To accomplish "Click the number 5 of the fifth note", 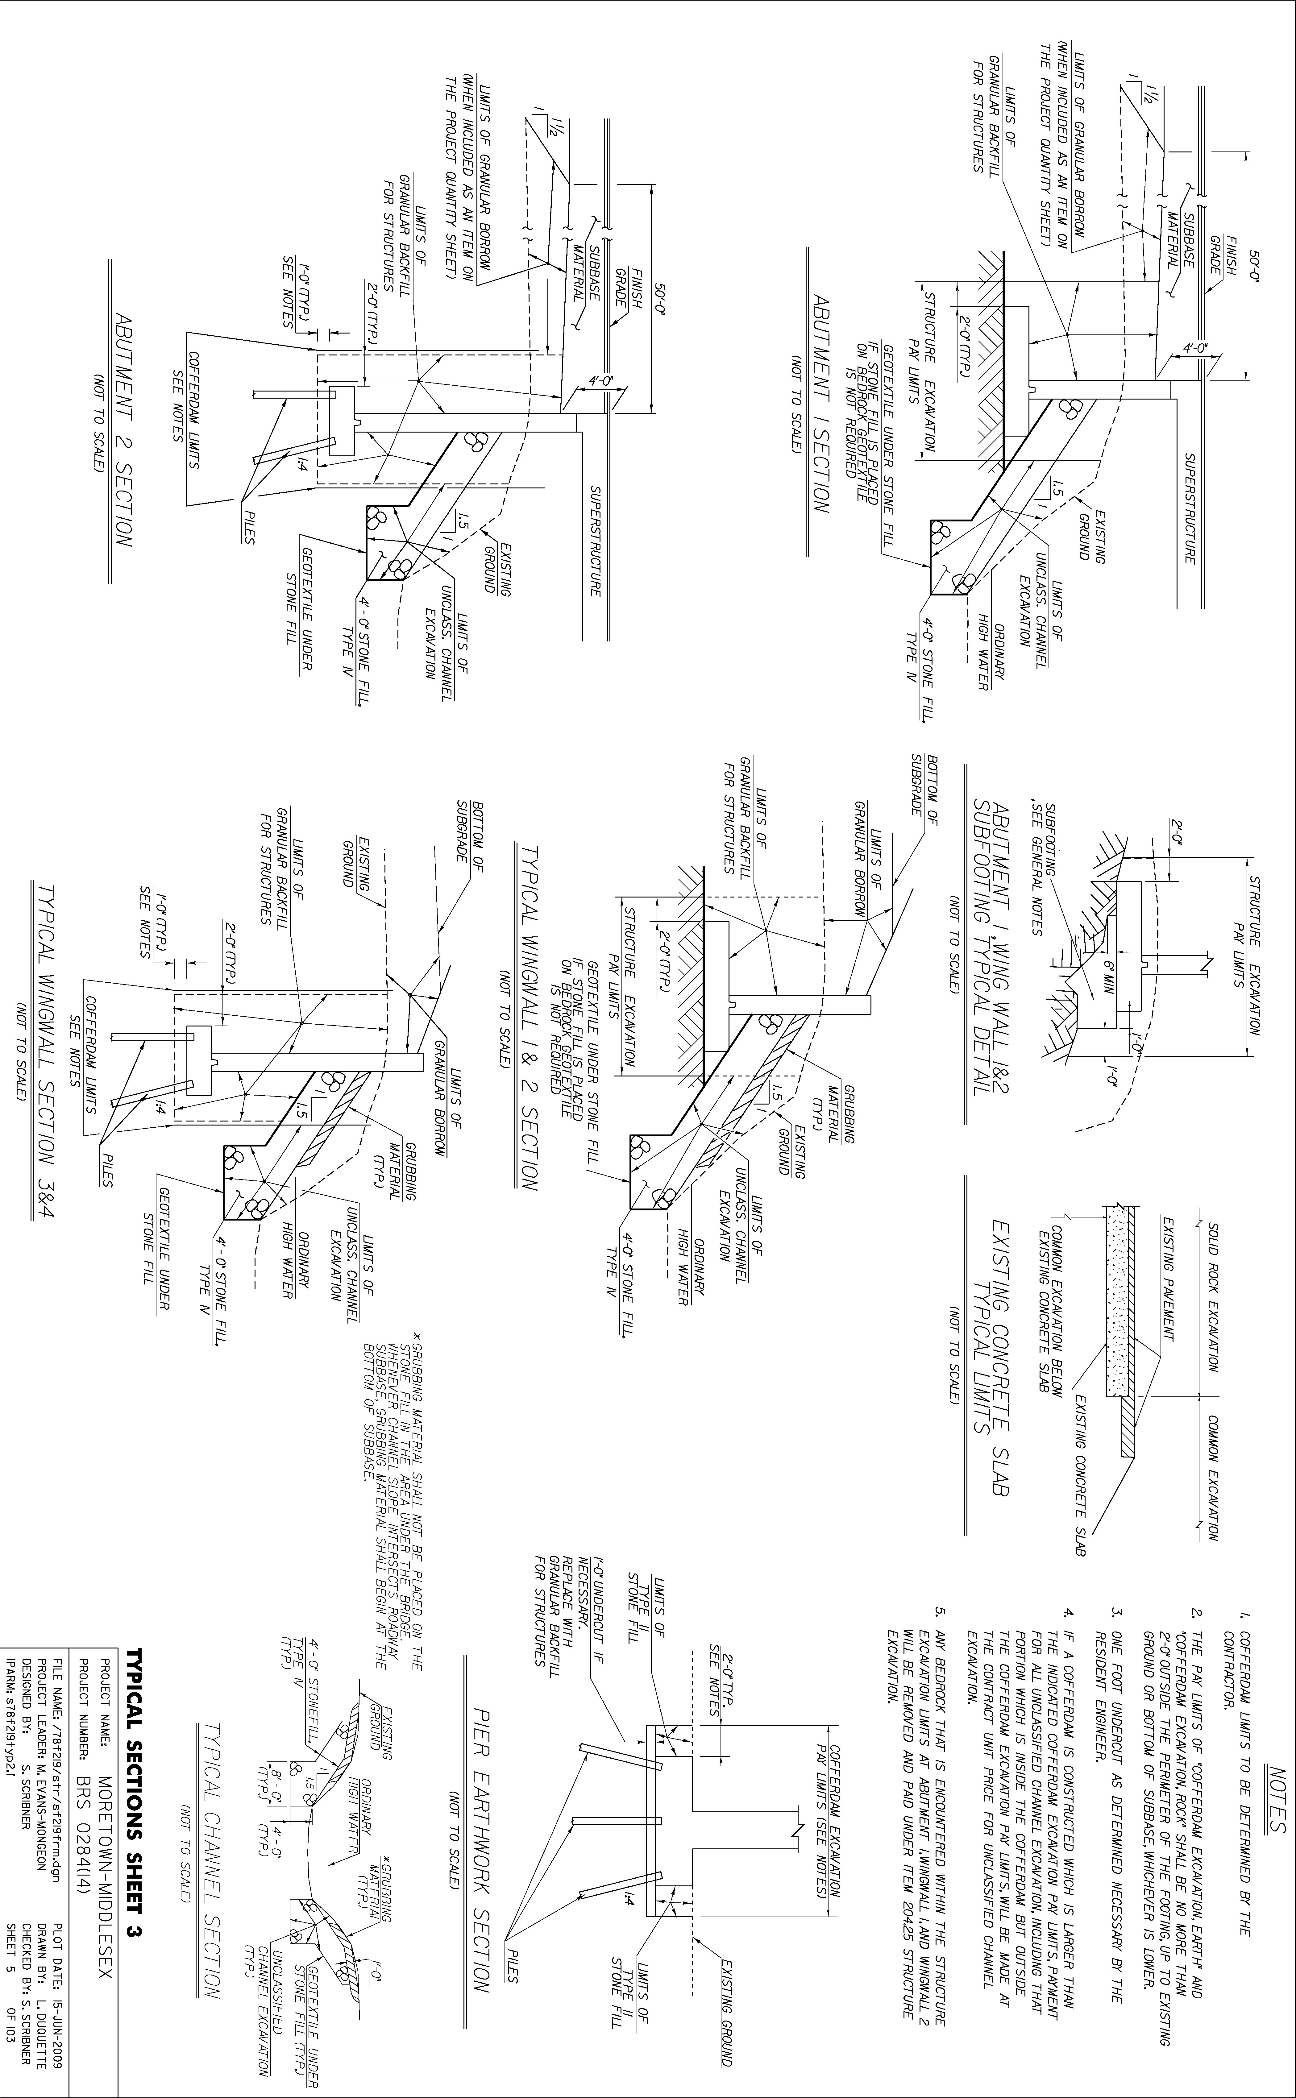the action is click(x=941, y=1637).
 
